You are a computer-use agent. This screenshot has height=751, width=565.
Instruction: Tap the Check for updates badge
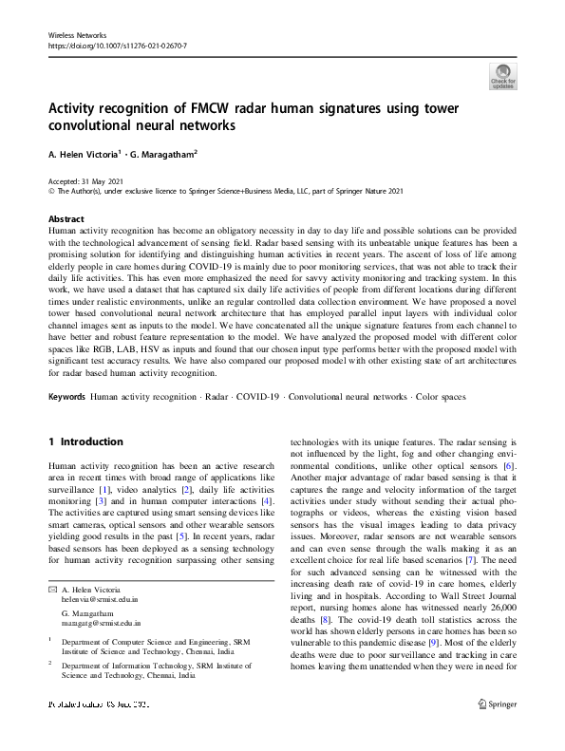click(x=502, y=76)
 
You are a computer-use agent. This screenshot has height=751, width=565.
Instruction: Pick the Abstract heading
click(x=66, y=218)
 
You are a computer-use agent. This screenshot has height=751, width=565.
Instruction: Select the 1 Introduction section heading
click(x=85, y=441)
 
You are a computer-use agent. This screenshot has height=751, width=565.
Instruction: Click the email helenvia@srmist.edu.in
click(x=100, y=600)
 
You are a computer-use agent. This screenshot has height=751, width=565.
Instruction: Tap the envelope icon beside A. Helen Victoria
click(x=51, y=591)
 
